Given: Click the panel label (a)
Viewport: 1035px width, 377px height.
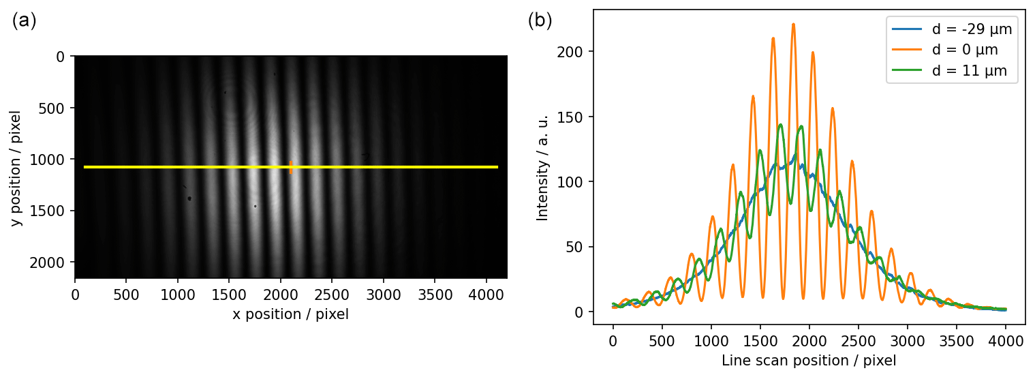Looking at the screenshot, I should [24, 21].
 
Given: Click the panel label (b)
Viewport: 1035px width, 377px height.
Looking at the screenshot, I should [540, 21].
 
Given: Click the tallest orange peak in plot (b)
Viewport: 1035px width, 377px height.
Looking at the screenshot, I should [793, 25].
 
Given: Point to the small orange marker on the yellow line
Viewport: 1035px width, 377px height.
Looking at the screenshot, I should [291, 167].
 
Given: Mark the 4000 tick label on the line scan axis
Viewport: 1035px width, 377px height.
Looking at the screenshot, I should [1006, 339].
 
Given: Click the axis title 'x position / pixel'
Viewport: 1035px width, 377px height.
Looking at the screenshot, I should [290, 314].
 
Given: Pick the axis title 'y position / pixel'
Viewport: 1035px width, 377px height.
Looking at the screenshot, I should [16, 168].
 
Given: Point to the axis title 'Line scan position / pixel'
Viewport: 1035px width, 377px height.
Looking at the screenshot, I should [809, 360].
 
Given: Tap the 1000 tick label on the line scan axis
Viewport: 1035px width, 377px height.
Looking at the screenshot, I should [711, 339].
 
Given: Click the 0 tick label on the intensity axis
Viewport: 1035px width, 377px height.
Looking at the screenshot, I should [580, 312].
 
